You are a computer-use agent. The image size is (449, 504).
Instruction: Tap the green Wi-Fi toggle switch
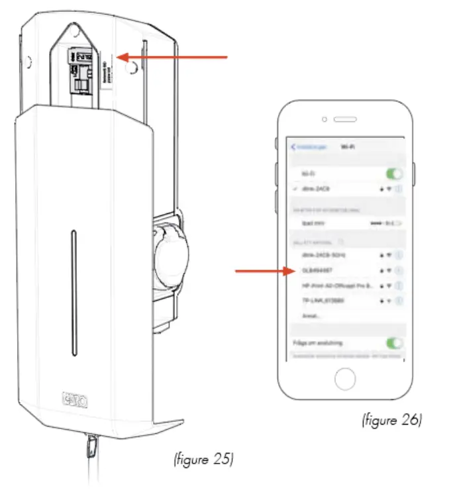(395, 173)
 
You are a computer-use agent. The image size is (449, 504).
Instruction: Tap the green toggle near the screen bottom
(395, 343)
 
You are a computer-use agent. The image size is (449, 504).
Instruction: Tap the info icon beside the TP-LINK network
(399, 301)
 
